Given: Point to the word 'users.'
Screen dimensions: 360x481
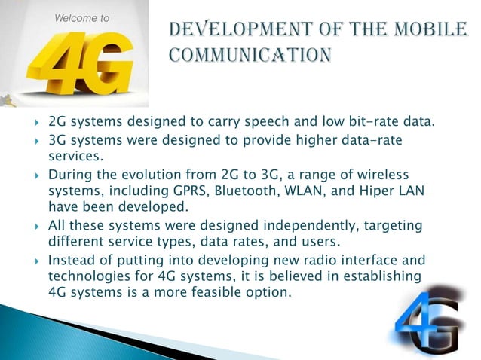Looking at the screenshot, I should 321,242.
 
